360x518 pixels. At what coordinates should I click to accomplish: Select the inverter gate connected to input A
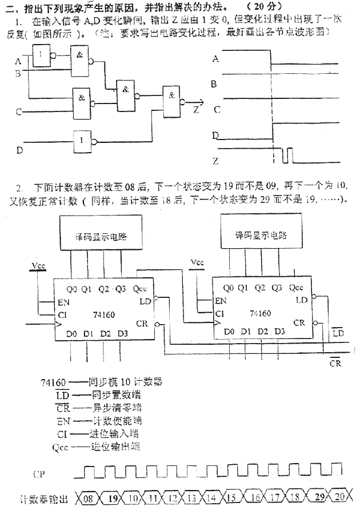[x=41, y=55]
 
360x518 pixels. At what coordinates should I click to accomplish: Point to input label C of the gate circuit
[x=18, y=111]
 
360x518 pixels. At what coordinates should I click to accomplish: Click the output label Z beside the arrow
[x=197, y=109]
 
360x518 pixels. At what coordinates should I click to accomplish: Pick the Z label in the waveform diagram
[x=215, y=161]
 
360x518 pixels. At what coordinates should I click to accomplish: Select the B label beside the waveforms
[x=214, y=84]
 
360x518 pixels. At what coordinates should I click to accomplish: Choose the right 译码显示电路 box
[x=261, y=236]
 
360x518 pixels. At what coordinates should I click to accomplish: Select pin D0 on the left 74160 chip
[x=71, y=333]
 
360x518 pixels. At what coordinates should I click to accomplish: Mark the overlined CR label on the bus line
[x=336, y=362]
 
